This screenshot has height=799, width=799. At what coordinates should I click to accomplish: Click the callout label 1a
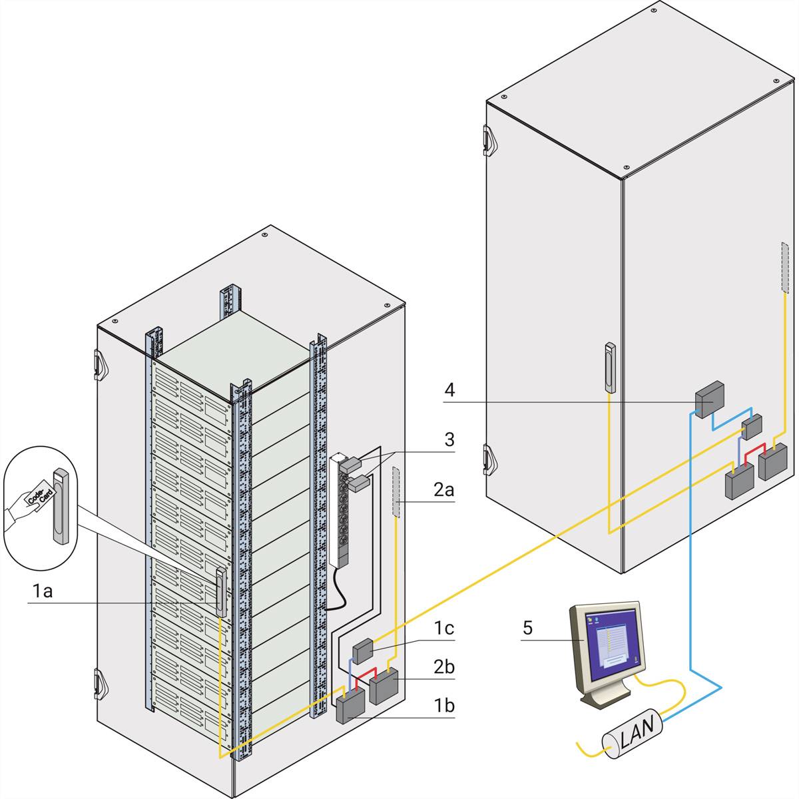click(x=43, y=590)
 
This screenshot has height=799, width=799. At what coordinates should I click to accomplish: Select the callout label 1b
click(x=445, y=704)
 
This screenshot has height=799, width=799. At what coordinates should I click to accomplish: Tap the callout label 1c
click(x=445, y=627)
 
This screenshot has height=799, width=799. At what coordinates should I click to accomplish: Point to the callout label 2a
click(x=444, y=491)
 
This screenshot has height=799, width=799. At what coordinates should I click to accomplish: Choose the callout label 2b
click(x=445, y=666)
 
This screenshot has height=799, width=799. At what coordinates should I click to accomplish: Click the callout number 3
click(x=449, y=439)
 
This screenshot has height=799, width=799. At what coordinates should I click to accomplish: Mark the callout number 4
click(x=450, y=390)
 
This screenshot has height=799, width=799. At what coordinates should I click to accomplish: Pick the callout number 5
click(x=527, y=627)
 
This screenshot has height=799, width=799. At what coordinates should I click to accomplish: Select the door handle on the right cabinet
click(x=610, y=367)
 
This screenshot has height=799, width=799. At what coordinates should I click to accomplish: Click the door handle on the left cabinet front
click(x=220, y=591)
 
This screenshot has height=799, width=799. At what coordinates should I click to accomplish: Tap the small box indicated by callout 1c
click(x=364, y=650)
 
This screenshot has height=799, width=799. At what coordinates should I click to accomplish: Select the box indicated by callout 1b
click(x=350, y=706)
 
